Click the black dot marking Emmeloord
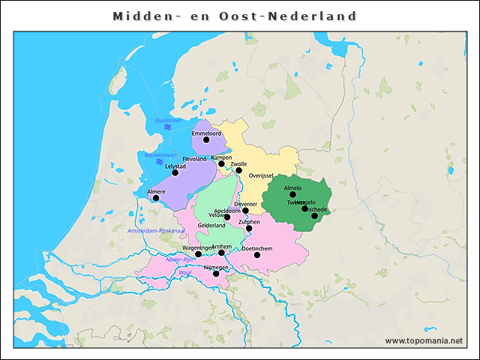[206, 139]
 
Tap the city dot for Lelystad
[175, 172]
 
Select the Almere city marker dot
[156, 198]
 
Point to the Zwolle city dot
[238, 170]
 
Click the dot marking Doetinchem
[257, 255]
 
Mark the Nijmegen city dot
[216, 274]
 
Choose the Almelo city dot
[292, 194]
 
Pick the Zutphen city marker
[249, 228]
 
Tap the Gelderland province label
[211, 225]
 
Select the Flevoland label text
[194, 159]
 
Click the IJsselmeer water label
[168, 120]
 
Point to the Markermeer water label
[160, 155]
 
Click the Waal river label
[185, 273]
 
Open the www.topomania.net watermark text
[424, 340]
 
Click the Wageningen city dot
[198, 254]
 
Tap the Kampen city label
[222, 157]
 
